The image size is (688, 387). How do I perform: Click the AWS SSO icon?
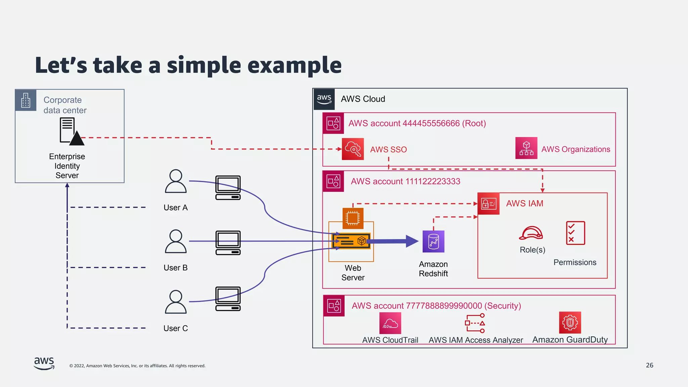(x=353, y=149)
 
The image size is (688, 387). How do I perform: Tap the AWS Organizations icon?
(x=526, y=148)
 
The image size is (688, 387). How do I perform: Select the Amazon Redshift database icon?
(x=433, y=242)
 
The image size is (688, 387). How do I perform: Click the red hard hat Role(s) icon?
(x=531, y=233)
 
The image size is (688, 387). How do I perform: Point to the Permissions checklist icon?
(x=575, y=233)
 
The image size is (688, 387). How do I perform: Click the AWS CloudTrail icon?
(x=390, y=323)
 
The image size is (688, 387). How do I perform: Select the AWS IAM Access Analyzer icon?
(x=475, y=323)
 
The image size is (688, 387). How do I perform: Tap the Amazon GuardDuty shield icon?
(x=570, y=323)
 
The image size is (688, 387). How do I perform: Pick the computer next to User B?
(x=228, y=243)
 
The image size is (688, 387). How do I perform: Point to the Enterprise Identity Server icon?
(x=71, y=132)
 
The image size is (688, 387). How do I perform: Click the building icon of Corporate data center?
(x=26, y=100)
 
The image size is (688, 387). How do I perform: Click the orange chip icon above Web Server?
(x=353, y=218)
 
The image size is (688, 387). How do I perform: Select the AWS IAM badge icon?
(x=488, y=204)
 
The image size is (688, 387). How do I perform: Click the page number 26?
(x=649, y=365)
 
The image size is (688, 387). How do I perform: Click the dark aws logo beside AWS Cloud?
(x=324, y=99)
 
